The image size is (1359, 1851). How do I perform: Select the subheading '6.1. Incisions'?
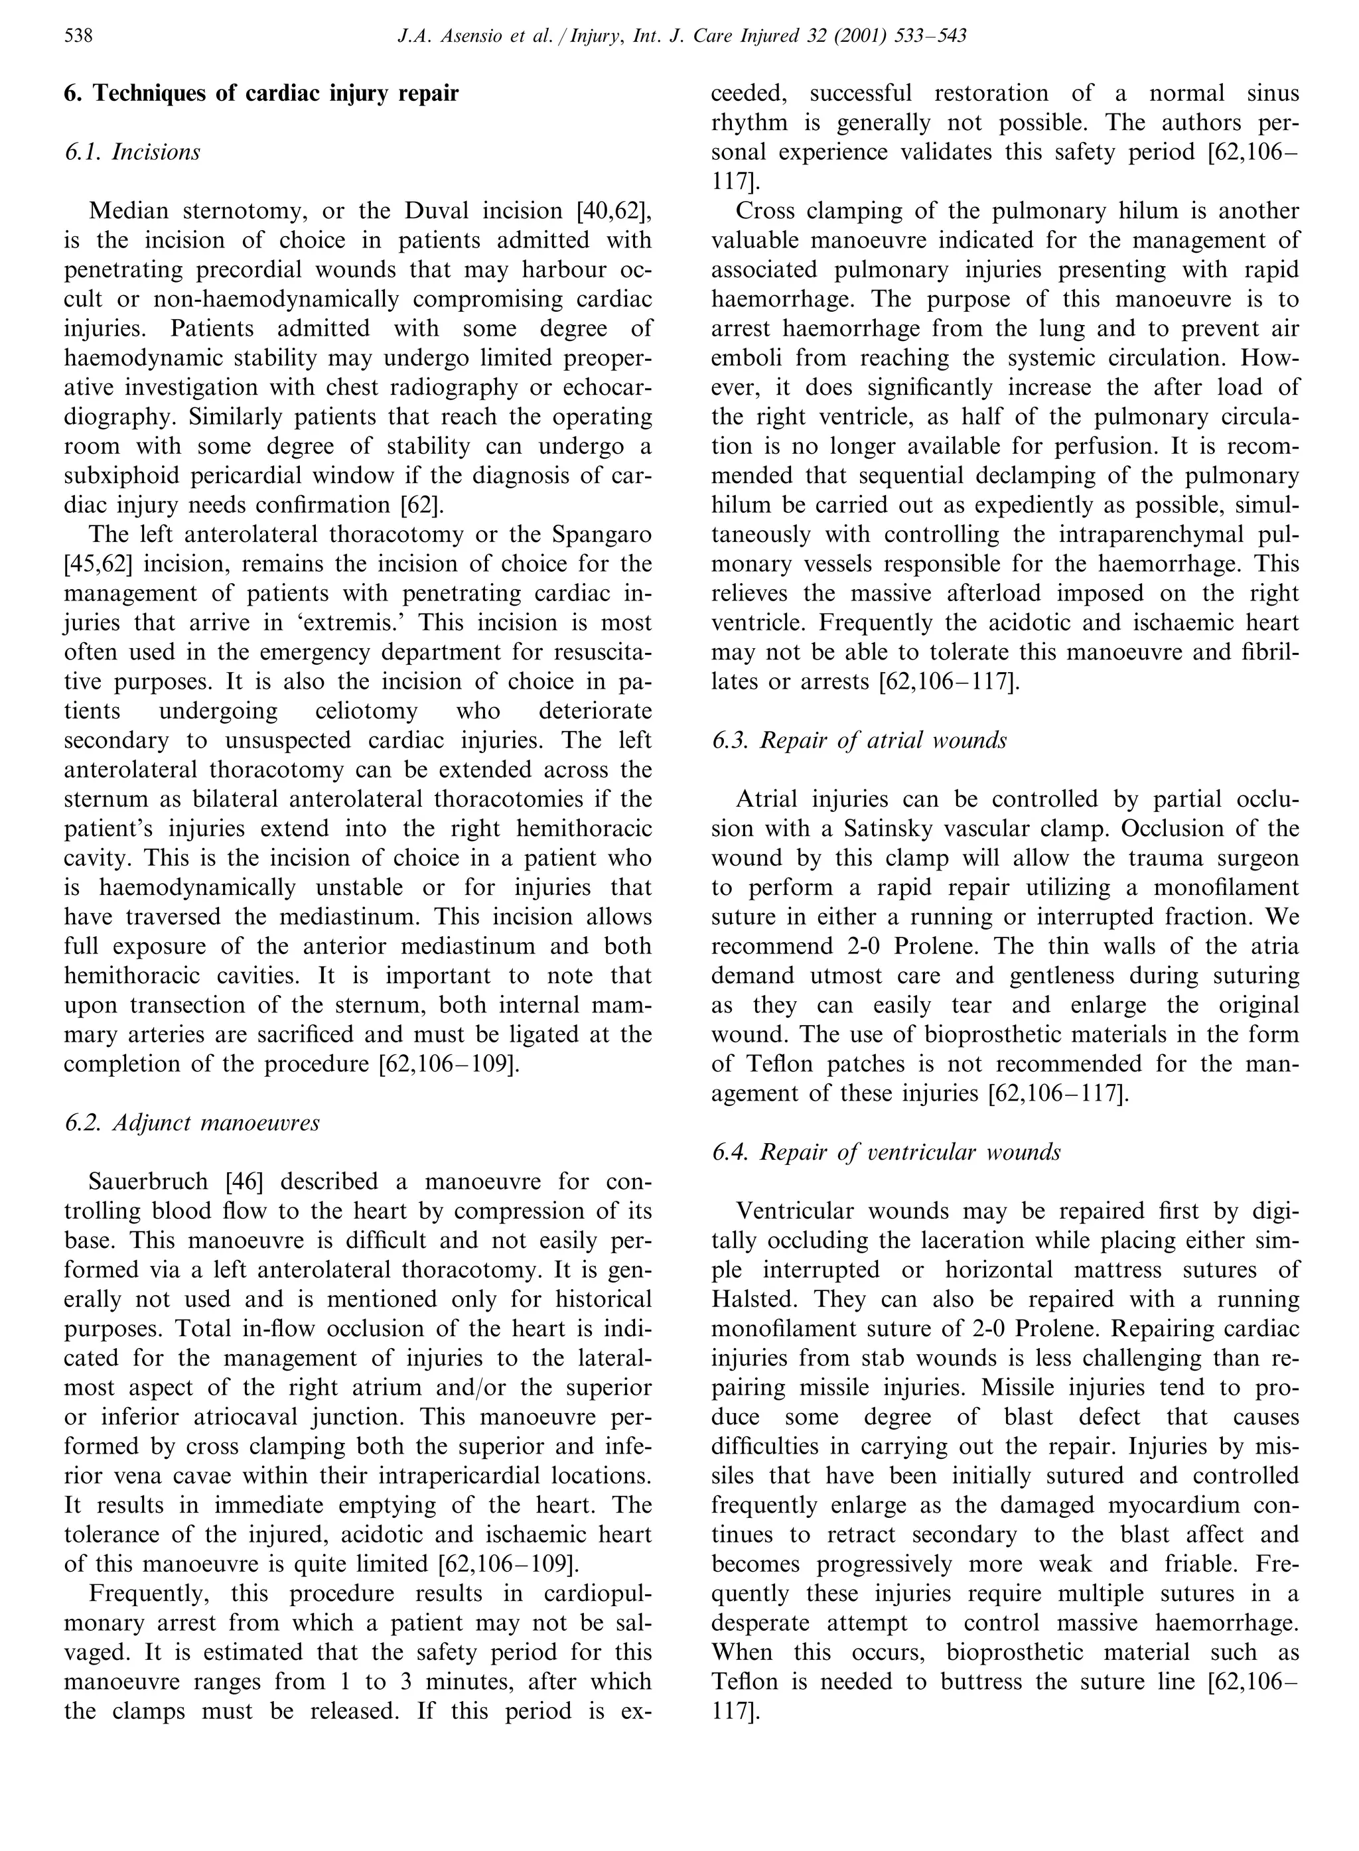pyautogui.click(x=133, y=152)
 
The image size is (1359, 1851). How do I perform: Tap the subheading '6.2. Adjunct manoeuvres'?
pyautogui.click(x=192, y=1123)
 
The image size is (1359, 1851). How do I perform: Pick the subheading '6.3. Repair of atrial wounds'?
pyautogui.click(x=859, y=740)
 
